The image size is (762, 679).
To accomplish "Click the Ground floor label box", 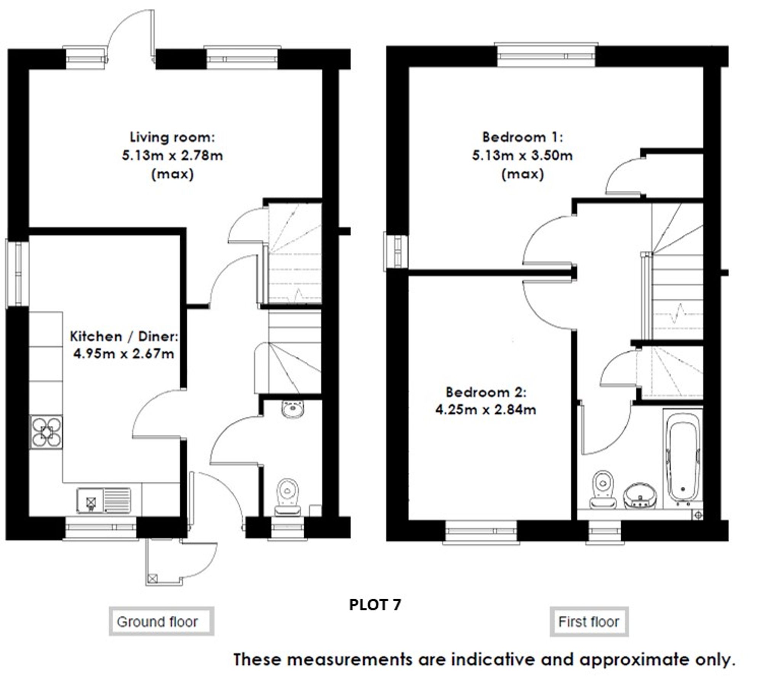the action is click(x=162, y=622).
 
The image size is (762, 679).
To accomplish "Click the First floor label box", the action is click(x=589, y=622).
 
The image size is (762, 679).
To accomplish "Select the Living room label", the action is click(x=172, y=137).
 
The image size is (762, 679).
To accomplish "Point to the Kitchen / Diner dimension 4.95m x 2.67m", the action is click(x=124, y=354).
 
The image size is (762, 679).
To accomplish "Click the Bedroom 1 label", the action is click(x=522, y=137).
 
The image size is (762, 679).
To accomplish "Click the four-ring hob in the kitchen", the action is click(x=46, y=432).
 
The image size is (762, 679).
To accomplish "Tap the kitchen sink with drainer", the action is click(x=104, y=500).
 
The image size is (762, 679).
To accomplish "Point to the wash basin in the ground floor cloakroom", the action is click(x=293, y=409).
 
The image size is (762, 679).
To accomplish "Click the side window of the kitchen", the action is click(x=17, y=273).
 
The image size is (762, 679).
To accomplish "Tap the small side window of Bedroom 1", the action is click(x=396, y=252).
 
